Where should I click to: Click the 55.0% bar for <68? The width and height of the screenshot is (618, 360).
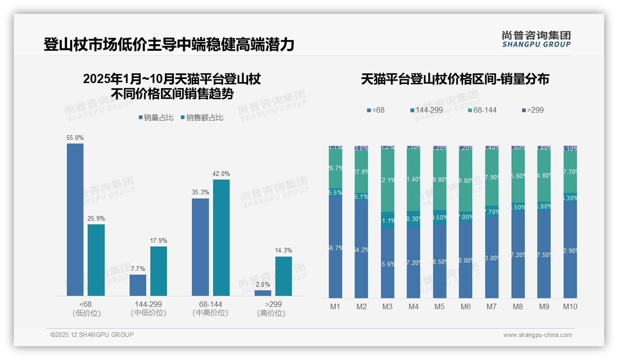click(x=75, y=220)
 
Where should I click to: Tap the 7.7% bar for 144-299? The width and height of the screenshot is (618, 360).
click(x=137, y=285)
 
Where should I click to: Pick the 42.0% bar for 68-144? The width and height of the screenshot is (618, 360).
click(x=221, y=238)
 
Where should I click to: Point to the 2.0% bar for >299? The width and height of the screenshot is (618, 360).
click(x=263, y=293)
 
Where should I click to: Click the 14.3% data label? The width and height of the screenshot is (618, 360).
click(x=284, y=251)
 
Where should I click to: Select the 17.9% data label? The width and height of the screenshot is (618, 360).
click(x=159, y=240)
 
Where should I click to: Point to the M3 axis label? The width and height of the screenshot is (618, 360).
click(x=387, y=306)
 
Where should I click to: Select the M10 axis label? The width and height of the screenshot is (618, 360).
click(x=570, y=306)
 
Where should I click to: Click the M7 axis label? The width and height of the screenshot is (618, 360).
click(x=492, y=306)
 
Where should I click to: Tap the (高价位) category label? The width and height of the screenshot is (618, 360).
click(x=271, y=313)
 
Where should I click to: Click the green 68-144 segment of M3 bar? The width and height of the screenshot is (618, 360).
click(x=387, y=180)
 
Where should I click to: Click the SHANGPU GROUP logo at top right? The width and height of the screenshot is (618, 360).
click(x=536, y=39)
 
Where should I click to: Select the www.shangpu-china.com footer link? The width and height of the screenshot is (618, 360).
click(x=537, y=335)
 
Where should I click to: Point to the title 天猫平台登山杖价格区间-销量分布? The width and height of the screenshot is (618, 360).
click(x=455, y=79)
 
